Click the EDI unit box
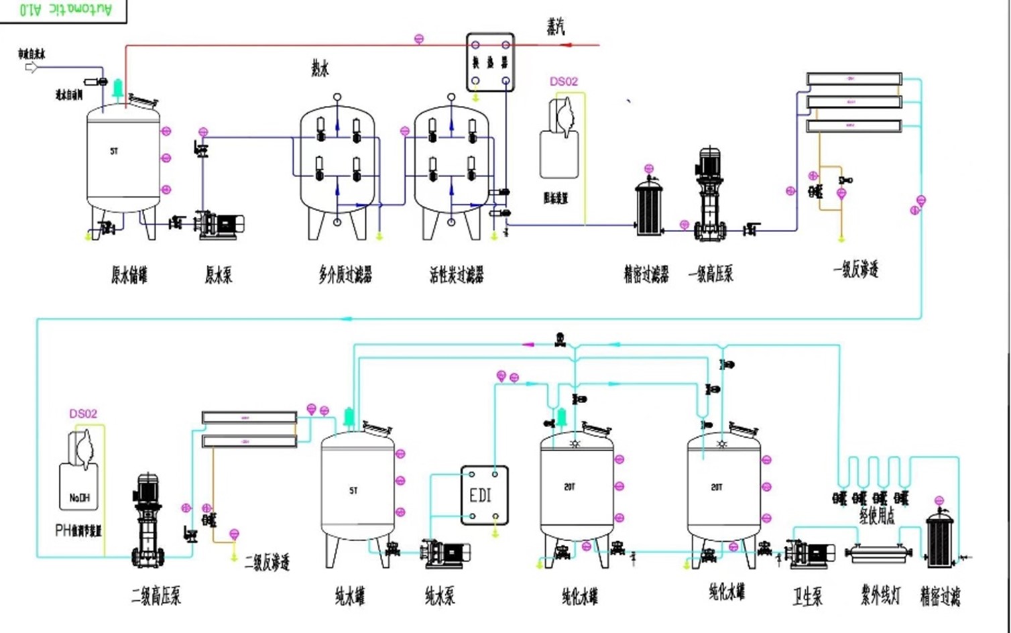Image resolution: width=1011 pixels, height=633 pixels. point(484,495)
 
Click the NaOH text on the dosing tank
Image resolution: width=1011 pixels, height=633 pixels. point(79,498)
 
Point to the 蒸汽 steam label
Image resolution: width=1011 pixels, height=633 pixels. point(556,27)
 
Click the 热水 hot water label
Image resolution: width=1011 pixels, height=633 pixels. point(320,68)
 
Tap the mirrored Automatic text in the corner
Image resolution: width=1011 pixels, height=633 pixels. point(65,9)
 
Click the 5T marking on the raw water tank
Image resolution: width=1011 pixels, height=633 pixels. point(114,152)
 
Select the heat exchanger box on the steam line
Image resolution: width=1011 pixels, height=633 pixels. point(490,62)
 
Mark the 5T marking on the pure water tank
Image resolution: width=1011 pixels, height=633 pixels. point(353,491)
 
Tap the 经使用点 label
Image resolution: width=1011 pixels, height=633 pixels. point(877,516)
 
